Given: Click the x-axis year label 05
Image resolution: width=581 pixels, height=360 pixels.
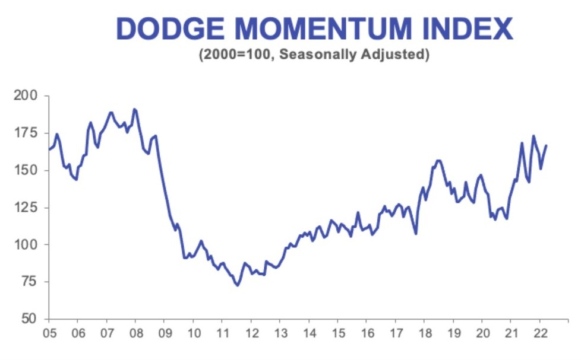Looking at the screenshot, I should [x=49, y=332].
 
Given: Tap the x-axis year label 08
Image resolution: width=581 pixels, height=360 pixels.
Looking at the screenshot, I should [x=135, y=332].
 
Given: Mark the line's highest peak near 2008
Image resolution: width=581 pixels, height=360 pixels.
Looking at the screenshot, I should [x=134, y=109].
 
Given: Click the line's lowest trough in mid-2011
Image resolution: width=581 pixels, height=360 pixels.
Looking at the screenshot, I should [x=237, y=285].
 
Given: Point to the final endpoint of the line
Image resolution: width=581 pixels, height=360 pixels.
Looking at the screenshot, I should [x=547, y=145].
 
